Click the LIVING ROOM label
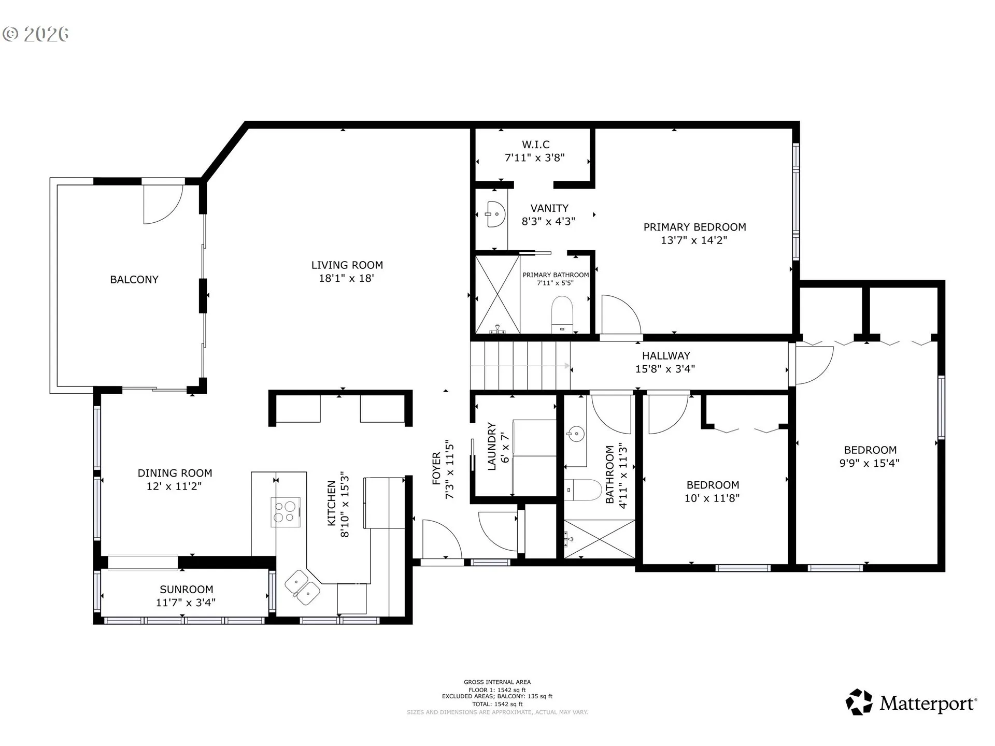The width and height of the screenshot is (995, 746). (347, 265)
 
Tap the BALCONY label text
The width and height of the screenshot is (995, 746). (134, 279)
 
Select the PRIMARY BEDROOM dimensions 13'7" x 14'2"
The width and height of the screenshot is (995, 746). (694, 240)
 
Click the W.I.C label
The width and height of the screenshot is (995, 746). (535, 145)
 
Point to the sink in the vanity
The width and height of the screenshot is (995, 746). (495, 214)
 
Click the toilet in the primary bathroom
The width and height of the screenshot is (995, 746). (562, 313)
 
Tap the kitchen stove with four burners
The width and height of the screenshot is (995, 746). (286, 512)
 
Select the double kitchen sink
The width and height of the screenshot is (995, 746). (302, 587)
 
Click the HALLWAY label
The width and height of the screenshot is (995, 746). (666, 356)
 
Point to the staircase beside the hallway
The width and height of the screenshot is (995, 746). (520, 365)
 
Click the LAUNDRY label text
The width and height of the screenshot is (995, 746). (492, 447)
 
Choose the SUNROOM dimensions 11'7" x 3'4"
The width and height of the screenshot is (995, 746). (186, 602)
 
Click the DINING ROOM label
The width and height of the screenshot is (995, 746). (175, 473)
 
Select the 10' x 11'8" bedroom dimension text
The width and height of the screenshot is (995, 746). (712, 498)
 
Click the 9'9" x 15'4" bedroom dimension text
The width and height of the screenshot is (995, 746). (869, 463)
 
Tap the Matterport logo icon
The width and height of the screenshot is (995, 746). (859, 702)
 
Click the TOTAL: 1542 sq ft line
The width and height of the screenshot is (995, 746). (497, 704)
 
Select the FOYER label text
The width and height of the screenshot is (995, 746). (436, 469)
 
